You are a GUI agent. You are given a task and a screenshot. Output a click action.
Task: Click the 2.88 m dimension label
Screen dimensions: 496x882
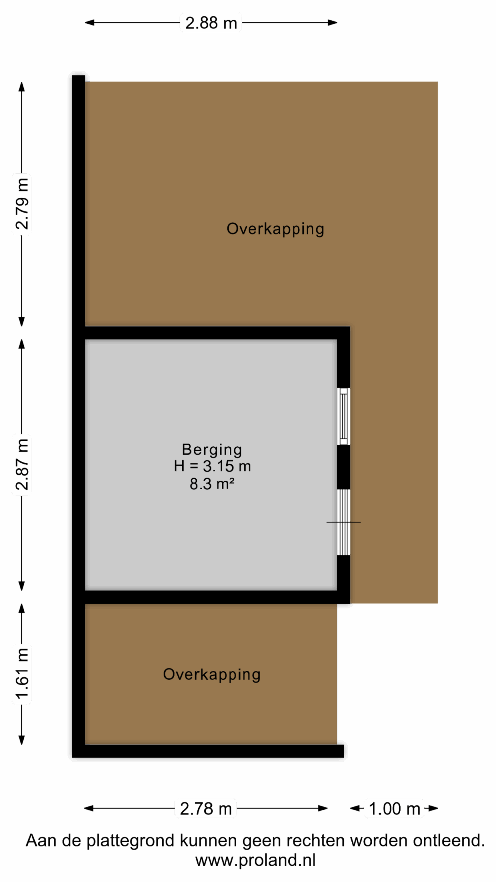(x=211, y=23)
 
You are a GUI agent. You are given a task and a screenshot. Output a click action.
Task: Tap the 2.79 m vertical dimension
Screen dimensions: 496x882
(x=22, y=204)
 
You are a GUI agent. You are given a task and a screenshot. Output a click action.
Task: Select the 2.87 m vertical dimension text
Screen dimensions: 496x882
(x=22, y=464)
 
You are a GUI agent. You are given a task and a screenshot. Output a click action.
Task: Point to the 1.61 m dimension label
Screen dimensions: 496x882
(x=22, y=674)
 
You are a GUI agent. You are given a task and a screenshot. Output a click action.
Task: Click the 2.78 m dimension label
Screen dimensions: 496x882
(x=206, y=808)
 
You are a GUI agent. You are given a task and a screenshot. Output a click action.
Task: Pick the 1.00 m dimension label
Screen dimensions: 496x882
(x=394, y=808)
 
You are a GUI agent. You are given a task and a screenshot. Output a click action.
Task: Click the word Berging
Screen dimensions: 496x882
(x=212, y=450)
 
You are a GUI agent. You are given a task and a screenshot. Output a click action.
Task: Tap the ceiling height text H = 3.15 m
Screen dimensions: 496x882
(x=212, y=466)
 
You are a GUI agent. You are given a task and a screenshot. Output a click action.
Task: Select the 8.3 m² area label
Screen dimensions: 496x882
(x=212, y=483)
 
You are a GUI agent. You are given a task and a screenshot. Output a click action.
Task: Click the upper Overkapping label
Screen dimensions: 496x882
(x=275, y=229)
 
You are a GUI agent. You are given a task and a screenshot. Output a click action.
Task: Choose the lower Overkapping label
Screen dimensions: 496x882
(x=211, y=675)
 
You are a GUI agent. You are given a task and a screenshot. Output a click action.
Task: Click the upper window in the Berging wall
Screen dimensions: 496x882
(x=343, y=416)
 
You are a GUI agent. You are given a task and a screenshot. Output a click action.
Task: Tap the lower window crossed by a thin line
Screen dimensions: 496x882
(x=343, y=522)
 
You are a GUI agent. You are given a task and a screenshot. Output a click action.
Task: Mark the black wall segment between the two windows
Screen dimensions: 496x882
(x=343, y=467)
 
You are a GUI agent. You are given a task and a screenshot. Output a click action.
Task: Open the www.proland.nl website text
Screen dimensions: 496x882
(x=255, y=860)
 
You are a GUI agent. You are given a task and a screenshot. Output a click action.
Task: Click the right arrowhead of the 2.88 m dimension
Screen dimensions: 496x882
(x=332, y=23)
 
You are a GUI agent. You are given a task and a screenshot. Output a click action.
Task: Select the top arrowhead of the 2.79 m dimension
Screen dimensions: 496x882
(x=22, y=87)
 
